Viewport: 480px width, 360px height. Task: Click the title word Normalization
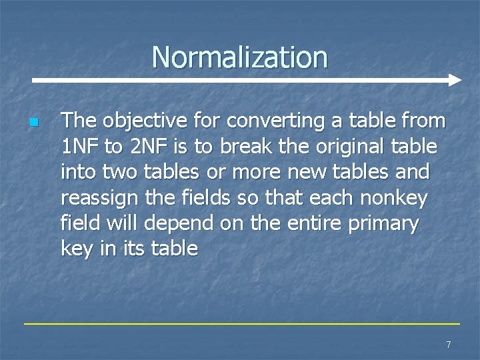[x=239, y=57]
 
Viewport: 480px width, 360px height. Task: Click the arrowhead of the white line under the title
[x=455, y=81]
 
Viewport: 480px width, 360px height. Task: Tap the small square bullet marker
[x=33, y=123]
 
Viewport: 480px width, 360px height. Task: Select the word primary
[x=387, y=223]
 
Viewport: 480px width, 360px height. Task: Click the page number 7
[x=449, y=345]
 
